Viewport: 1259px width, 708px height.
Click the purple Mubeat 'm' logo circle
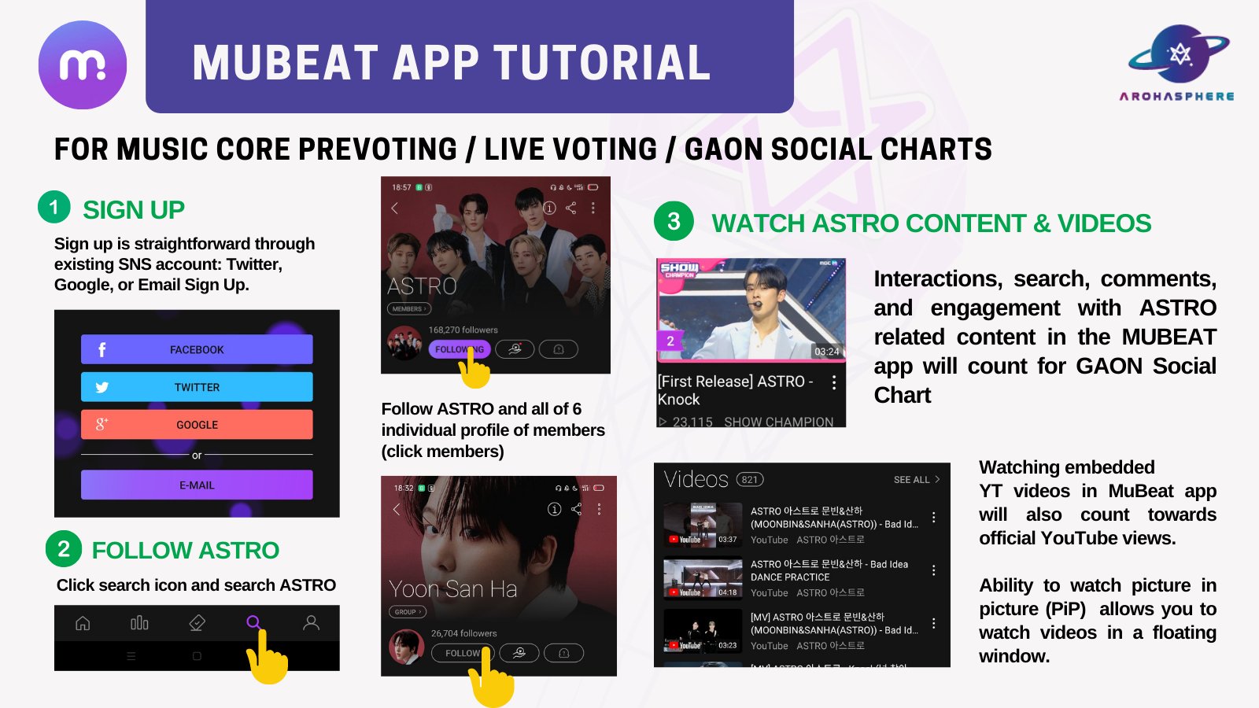(83, 65)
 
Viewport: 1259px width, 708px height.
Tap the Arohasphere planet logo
(1178, 54)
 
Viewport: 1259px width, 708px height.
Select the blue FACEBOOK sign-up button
(197, 349)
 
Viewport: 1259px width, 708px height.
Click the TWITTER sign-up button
(197, 387)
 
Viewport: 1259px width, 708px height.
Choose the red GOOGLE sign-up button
(197, 425)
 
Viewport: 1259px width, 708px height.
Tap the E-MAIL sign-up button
(197, 485)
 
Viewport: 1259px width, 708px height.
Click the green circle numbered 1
(54, 207)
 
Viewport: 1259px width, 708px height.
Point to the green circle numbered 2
(64, 548)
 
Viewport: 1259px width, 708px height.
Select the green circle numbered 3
(674, 221)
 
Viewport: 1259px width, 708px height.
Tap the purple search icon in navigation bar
(253, 622)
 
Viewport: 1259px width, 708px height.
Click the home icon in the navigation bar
(83, 623)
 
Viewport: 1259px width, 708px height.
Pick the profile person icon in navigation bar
(312, 623)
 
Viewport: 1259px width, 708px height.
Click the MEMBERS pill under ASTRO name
(408, 309)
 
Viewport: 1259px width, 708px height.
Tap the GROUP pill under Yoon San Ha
(407, 612)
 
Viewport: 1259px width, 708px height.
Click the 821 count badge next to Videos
(750, 480)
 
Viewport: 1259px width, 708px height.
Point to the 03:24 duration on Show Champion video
(826, 352)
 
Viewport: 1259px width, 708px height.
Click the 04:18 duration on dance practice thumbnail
(728, 592)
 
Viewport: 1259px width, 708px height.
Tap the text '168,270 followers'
(463, 330)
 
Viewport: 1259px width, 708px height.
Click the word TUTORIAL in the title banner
(602, 63)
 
